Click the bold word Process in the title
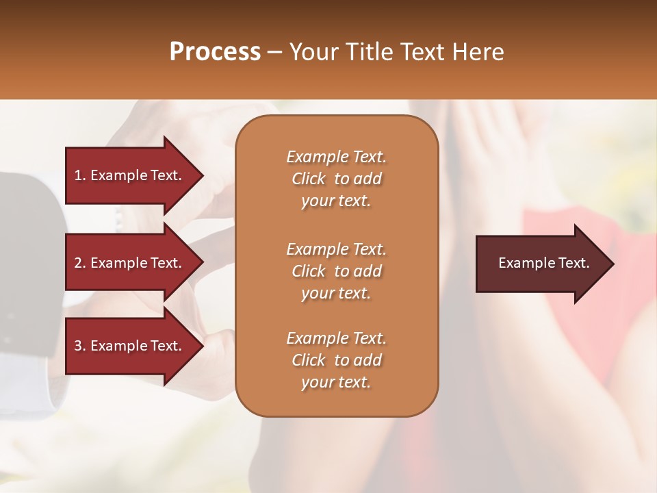(215, 52)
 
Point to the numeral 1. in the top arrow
(80, 175)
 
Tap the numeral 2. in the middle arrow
(80, 263)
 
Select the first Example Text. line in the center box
(336, 157)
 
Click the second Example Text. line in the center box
(336, 249)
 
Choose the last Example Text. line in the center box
(336, 338)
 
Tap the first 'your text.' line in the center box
(336, 201)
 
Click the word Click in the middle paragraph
(308, 271)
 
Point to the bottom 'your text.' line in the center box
(336, 383)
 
